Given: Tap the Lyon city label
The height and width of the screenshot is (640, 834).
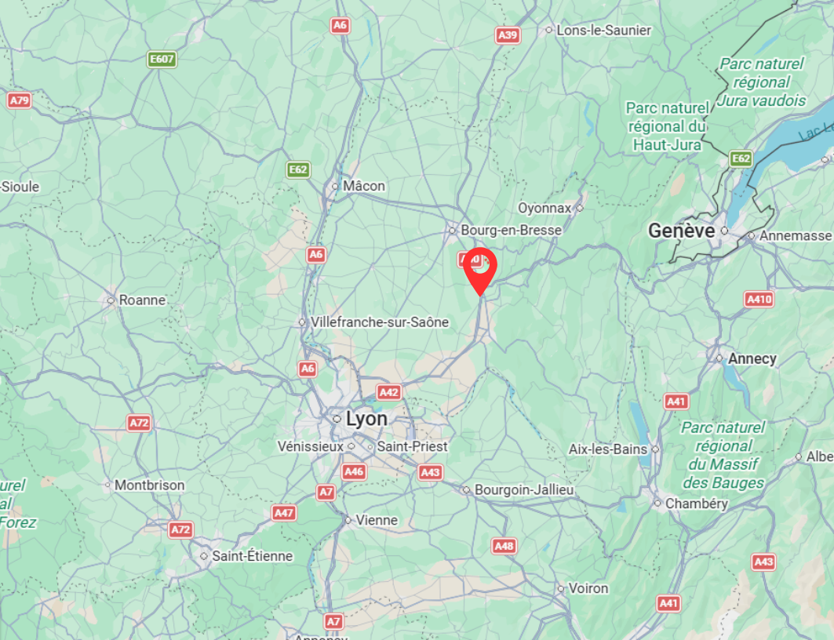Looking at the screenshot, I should [x=366, y=419].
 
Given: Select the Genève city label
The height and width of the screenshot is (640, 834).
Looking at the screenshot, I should [x=681, y=231].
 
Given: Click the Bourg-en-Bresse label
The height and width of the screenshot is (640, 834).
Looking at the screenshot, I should [x=511, y=231].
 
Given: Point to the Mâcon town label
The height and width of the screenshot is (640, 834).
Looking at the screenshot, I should [x=364, y=186].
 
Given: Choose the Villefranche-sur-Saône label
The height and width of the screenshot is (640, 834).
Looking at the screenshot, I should [x=379, y=322].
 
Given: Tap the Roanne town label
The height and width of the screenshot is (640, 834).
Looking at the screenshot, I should [x=142, y=300].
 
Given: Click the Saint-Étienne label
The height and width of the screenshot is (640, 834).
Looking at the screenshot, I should [x=252, y=556].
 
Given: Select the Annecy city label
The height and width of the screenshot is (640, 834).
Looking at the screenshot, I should [x=752, y=358].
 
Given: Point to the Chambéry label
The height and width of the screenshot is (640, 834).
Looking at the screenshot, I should [x=696, y=504].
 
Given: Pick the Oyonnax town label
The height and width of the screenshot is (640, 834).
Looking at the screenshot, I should [x=544, y=208].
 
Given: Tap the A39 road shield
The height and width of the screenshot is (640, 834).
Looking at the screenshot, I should [x=508, y=35].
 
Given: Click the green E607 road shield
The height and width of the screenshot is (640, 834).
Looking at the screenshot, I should [x=162, y=59].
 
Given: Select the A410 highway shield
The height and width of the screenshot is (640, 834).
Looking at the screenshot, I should [x=759, y=299].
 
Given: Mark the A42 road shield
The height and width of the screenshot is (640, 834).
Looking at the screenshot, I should [x=389, y=392].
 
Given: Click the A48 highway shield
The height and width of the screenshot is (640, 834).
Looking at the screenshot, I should [x=504, y=546].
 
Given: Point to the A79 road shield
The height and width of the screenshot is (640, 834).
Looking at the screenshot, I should [x=19, y=100].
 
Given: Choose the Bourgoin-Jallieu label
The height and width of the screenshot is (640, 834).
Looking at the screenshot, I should [x=524, y=490].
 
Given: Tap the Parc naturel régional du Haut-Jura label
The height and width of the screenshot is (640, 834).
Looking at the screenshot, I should [x=666, y=125].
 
